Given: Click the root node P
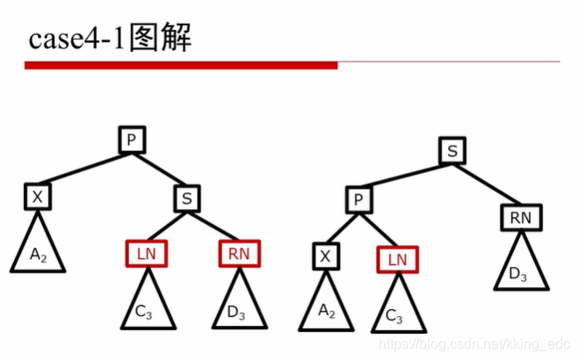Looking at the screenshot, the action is coord(131,140).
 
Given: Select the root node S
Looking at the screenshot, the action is coord(452,151).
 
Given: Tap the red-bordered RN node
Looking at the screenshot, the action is coord(239,254).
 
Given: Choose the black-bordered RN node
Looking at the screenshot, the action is coord(522,216).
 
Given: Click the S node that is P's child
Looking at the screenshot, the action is coord(186,198).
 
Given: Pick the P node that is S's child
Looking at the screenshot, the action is coord(358,201).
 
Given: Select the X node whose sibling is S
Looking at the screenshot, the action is coord(37,198).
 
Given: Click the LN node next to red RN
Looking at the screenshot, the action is coord(147,255).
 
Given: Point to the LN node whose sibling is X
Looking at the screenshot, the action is coord(397,260).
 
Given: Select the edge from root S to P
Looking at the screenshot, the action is coord(405,176).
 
